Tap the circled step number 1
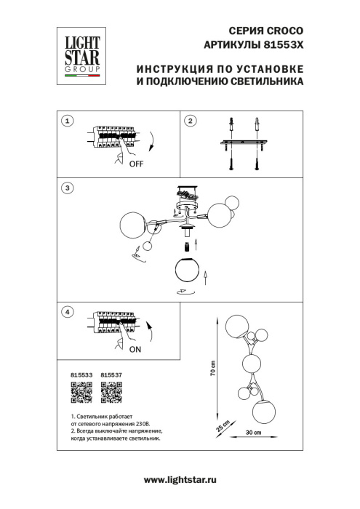point(68,121)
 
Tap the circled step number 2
point(191,121)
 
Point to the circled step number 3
point(68,188)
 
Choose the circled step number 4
point(68,312)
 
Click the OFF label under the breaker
point(136,164)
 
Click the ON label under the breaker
point(135,349)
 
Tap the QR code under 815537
point(110,393)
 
